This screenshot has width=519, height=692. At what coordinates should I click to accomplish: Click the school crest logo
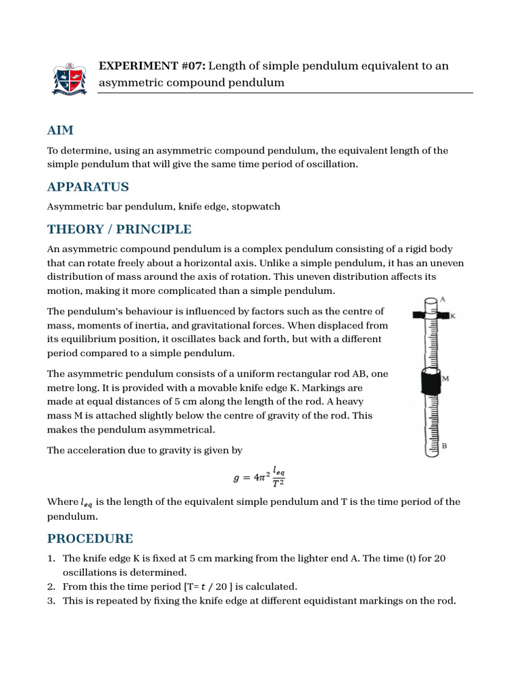[x=70, y=79]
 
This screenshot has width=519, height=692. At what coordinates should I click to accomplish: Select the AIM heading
[x=60, y=130]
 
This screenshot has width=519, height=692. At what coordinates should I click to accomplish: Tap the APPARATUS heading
[x=88, y=187]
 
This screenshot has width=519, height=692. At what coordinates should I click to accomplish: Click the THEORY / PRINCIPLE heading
[x=119, y=229]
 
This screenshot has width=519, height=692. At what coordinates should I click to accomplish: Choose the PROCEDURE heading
[x=90, y=539]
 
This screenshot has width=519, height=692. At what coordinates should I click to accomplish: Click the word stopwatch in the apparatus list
[x=256, y=206]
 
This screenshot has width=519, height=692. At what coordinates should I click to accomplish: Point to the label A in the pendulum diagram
[x=443, y=299]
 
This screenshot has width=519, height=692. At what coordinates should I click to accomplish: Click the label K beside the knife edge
[x=453, y=316]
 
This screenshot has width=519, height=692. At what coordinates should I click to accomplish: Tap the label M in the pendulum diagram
[x=445, y=379]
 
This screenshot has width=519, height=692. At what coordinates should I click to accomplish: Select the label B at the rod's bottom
[x=444, y=445]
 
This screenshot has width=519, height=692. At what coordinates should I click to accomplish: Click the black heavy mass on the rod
[x=428, y=383]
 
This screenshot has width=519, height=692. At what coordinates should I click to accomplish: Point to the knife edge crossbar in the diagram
[x=430, y=316]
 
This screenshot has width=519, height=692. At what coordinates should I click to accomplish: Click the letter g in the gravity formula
[x=236, y=478]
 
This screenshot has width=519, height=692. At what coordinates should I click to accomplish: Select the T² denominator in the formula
[x=278, y=483]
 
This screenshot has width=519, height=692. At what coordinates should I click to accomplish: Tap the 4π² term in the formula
[x=259, y=478]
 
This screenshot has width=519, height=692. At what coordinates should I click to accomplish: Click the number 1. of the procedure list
[x=51, y=558]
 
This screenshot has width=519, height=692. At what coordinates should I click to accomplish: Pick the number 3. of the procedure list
[x=51, y=601]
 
